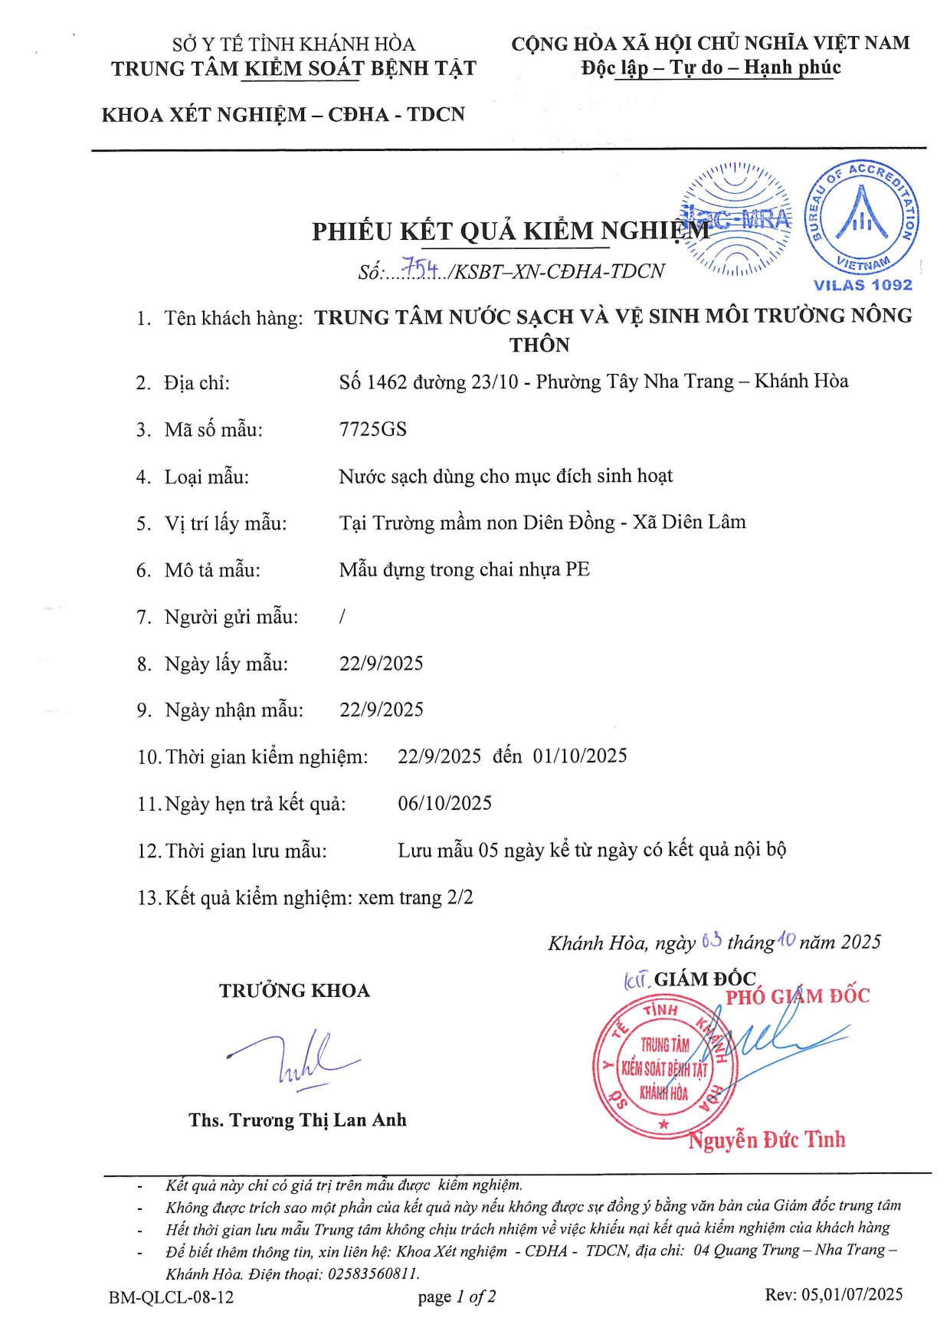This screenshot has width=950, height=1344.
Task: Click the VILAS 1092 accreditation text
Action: click(x=863, y=285)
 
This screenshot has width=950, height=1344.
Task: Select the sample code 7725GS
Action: click(x=373, y=429)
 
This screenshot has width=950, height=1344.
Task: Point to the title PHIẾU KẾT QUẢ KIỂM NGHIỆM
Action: click(x=510, y=231)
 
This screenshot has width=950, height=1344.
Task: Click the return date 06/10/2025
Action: click(x=445, y=803)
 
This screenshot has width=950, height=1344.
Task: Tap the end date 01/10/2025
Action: click(x=580, y=756)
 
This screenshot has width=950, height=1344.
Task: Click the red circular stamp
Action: click(x=663, y=1067)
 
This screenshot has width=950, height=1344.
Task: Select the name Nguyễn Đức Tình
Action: click(x=766, y=1140)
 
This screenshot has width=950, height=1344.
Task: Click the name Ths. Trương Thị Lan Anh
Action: click(x=297, y=1120)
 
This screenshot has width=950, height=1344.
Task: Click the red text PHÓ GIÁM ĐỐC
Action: click(x=798, y=996)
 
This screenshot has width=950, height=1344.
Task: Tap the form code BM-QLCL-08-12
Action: click(x=172, y=1297)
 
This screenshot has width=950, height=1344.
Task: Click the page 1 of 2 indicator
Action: click(x=457, y=1296)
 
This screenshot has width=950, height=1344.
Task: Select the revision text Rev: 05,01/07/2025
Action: click(x=834, y=1295)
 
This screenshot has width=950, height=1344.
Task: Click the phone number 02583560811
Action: click(x=373, y=1274)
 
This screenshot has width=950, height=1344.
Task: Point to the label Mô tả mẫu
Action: click(x=212, y=570)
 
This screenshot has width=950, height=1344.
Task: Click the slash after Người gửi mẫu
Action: click(x=342, y=616)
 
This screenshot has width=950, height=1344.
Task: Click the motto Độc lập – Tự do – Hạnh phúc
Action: click(x=711, y=67)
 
